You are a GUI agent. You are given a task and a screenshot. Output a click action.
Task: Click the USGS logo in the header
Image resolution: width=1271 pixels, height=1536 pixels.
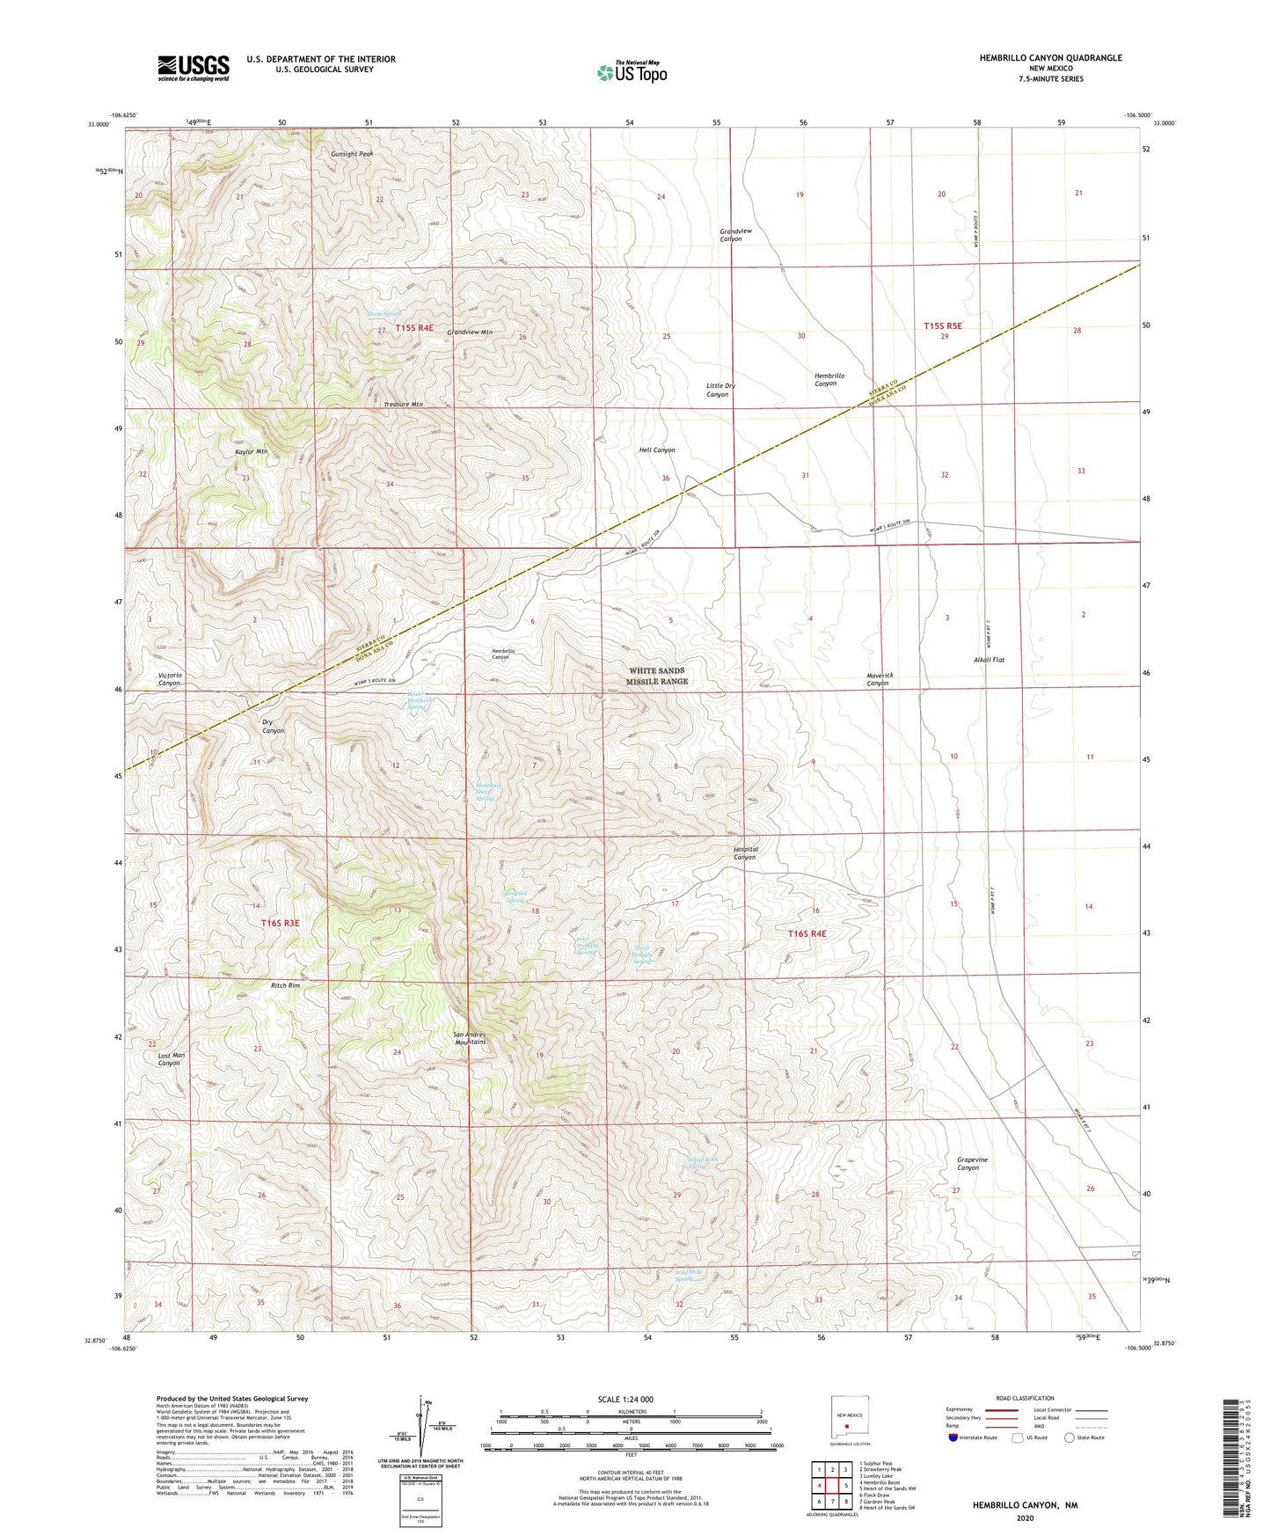pos(193,67)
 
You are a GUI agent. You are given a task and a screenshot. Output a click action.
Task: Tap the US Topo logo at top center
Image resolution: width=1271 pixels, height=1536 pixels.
pos(632,72)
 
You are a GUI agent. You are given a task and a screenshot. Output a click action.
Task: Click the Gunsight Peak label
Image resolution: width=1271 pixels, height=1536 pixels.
pos(352,154)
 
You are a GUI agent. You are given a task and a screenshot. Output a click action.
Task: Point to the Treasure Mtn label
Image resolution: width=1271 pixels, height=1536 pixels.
pos(403,405)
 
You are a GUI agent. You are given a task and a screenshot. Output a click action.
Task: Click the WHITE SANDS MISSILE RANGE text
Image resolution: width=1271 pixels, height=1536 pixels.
pos(657,676)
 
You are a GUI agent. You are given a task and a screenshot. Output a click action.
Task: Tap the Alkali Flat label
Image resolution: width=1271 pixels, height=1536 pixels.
pos(989,659)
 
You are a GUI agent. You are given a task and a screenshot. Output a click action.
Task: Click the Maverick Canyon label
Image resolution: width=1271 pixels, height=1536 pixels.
pos(880,679)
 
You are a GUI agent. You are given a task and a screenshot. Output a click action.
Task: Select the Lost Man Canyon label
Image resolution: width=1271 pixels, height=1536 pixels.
pos(171,1059)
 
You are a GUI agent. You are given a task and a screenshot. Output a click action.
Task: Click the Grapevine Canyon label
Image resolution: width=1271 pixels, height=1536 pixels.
pos(972,1163)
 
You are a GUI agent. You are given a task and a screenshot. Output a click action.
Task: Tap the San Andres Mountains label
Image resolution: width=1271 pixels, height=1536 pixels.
pos(470,1038)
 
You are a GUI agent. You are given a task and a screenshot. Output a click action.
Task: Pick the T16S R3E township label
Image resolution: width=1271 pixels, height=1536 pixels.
pos(280,923)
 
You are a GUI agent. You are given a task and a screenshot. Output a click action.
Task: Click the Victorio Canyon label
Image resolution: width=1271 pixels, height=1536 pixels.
pos(170,679)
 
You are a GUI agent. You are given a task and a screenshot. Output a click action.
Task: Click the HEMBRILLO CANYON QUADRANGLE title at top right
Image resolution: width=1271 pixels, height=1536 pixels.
pos(1050,58)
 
